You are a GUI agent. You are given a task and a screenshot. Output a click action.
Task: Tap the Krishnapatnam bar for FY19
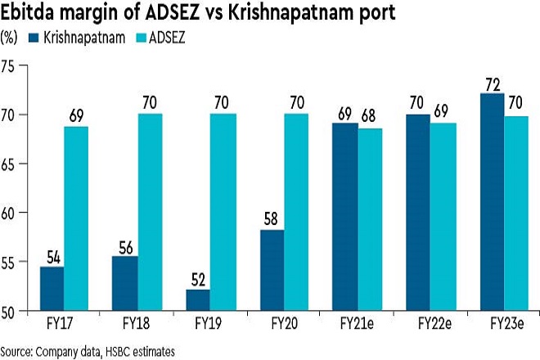pyautogui.click(x=198, y=299)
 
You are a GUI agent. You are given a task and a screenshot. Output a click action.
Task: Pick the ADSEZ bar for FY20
pyautogui.click(x=295, y=213)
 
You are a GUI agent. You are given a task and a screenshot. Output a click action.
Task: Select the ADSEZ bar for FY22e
pyautogui.click(x=443, y=217)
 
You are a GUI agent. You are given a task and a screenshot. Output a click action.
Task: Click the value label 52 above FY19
pyautogui.click(x=198, y=278)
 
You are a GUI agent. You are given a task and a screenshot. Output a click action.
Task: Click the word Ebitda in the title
pyautogui.click(x=28, y=12)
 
